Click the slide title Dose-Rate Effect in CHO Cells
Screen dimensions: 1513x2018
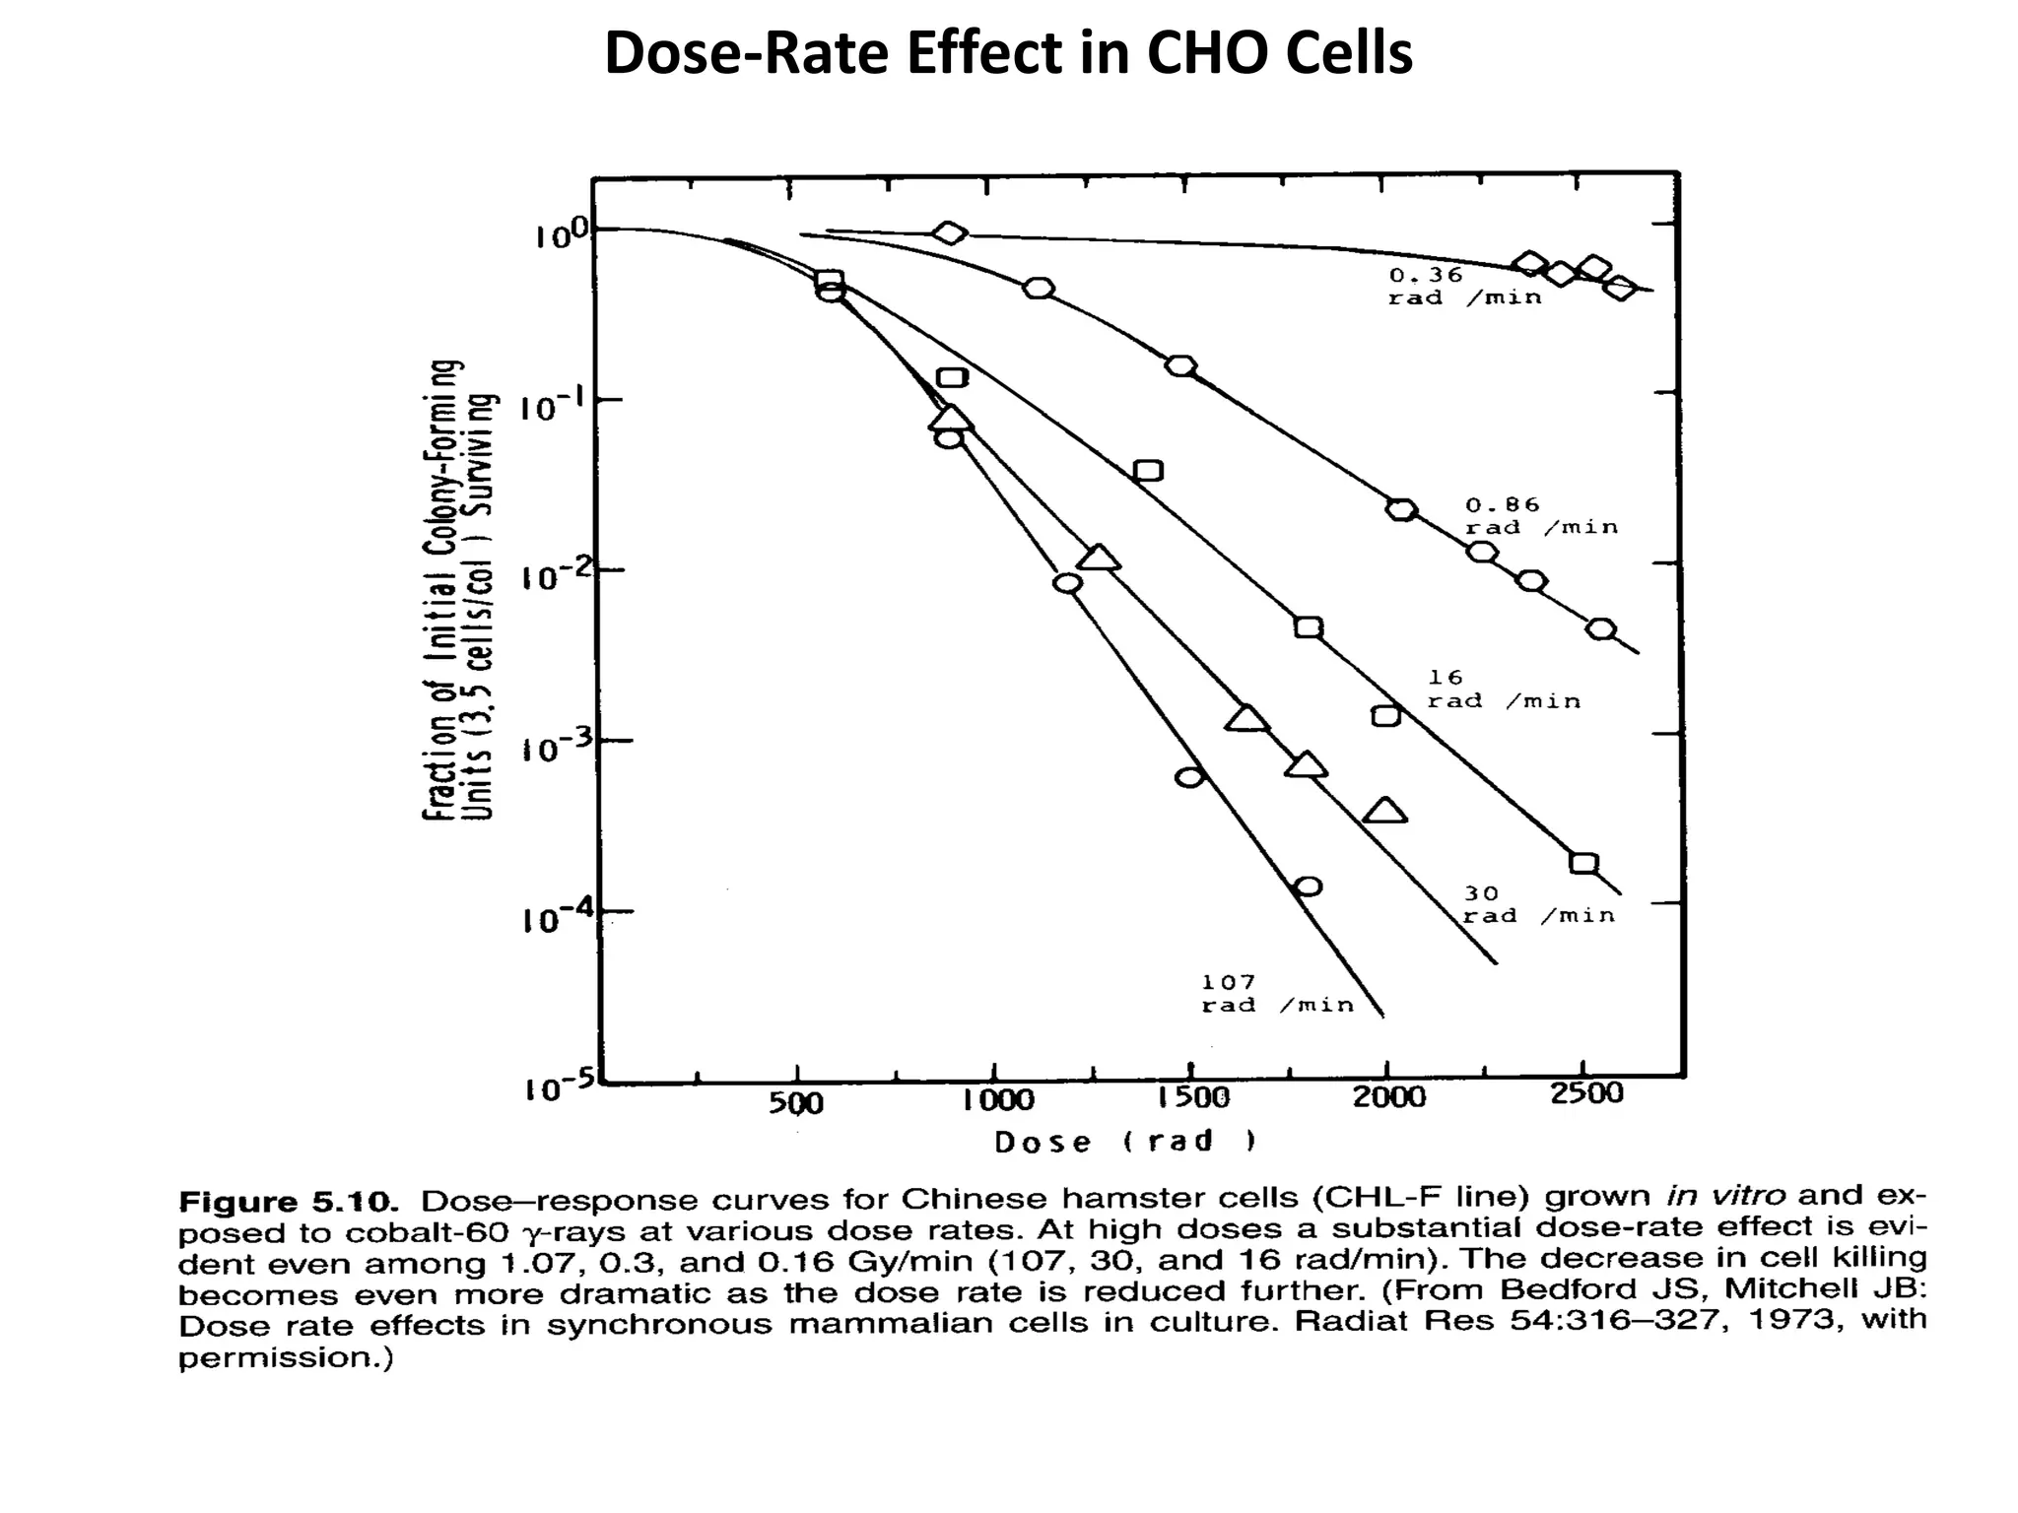[x=1008, y=53]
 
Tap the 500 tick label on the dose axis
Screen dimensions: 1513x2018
[x=795, y=1101]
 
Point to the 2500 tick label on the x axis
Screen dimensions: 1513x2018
[x=1586, y=1093]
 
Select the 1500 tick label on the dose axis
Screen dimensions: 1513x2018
[x=1193, y=1096]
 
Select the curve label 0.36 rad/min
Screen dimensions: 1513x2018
[x=1463, y=287]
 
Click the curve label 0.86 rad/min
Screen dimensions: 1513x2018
[x=1540, y=516]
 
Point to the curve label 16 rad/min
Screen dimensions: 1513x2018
[x=1503, y=690]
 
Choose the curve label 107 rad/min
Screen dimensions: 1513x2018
[x=1277, y=993]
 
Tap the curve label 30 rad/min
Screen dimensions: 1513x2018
[x=1537, y=904]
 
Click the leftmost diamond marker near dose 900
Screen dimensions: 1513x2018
[x=949, y=232]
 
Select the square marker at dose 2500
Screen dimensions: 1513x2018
[x=1582, y=863]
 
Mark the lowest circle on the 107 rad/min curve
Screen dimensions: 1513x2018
[x=1308, y=887]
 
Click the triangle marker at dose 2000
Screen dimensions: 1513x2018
[x=1384, y=812]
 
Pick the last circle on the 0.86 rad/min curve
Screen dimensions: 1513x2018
[x=1601, y=629]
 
